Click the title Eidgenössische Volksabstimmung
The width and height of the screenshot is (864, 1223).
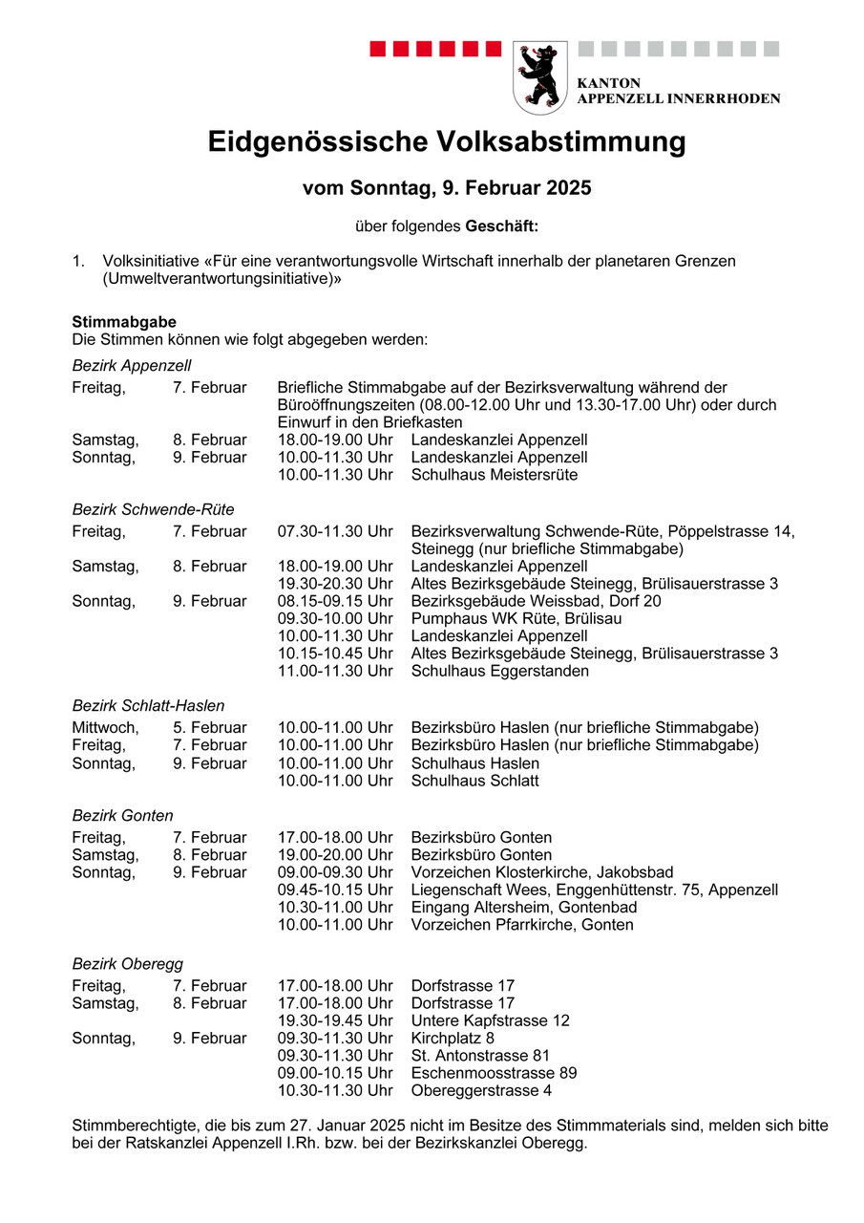[x=447, y=142]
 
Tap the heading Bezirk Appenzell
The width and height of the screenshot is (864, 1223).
[x=132, y=365]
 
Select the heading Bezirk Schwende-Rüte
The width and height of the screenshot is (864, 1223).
[x=153, y=509]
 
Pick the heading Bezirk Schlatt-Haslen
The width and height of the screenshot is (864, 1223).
[x=148, y=706]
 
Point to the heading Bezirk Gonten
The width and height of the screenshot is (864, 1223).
[x=122, y=816]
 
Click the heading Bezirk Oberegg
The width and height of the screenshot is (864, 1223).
[x=127, y=964]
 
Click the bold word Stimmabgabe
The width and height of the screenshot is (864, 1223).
[x=123, y=322]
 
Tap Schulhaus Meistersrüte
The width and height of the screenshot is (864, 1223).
[x=494, y=475]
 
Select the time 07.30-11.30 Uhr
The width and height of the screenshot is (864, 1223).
[x=335, y=531]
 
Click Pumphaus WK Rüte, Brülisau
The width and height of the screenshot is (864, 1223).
[x=502, y=618]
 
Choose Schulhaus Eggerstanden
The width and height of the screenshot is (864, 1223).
[x=499, y=671]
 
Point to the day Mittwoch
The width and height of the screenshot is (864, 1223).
[x=104, y=728]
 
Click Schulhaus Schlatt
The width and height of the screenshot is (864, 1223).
[x=474, y=781]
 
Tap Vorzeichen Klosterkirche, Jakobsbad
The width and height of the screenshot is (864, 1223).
[x=541, y=872]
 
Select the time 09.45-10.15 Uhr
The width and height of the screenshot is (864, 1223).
[x=335, y=890]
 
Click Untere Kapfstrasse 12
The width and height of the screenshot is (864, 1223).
[x=490, y=1020]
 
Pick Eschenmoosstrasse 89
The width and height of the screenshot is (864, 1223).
[x=494, y=1073]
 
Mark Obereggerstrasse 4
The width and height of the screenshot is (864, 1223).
[x=481, y=1090]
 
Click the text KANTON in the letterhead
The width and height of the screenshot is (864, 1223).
[x=609, y=83]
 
